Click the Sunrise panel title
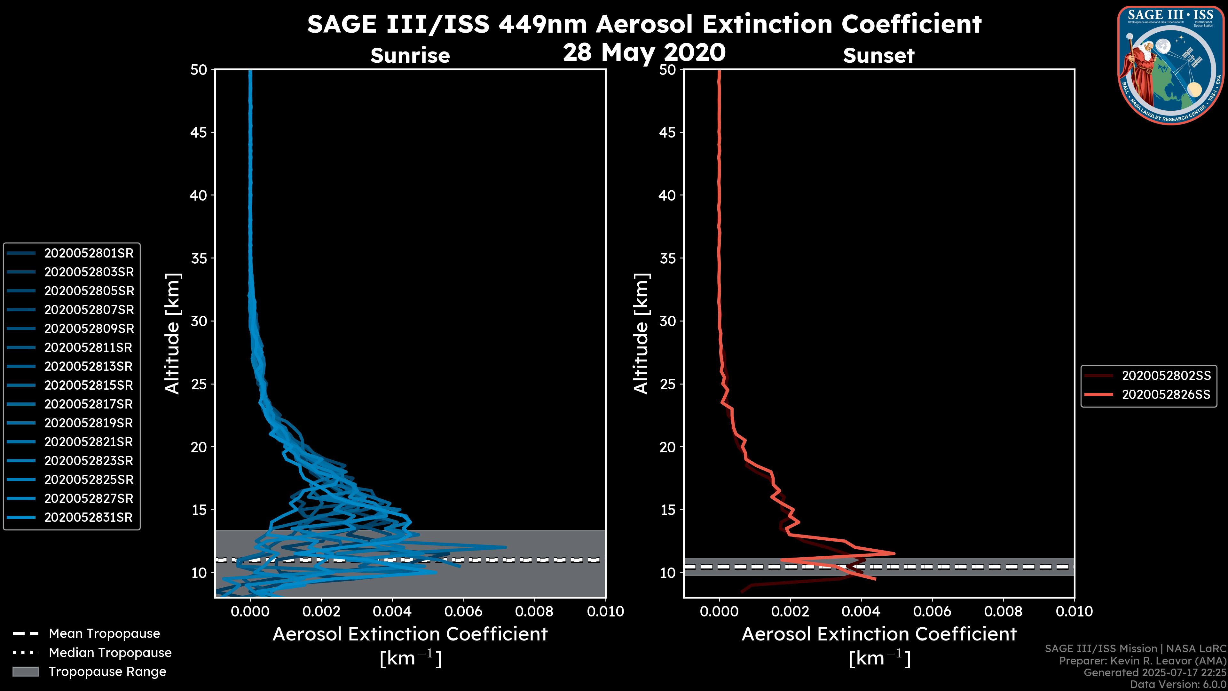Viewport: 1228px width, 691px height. [x=410, y=56]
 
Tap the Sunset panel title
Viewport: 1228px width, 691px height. [x=878, y=56]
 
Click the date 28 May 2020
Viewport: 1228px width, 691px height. [x=644, y=52]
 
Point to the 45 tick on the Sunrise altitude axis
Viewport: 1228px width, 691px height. [x=199, y=132]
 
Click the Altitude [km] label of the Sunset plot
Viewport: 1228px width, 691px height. [x=641, y=333]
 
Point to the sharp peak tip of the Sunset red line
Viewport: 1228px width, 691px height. [x=894, y=554]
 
